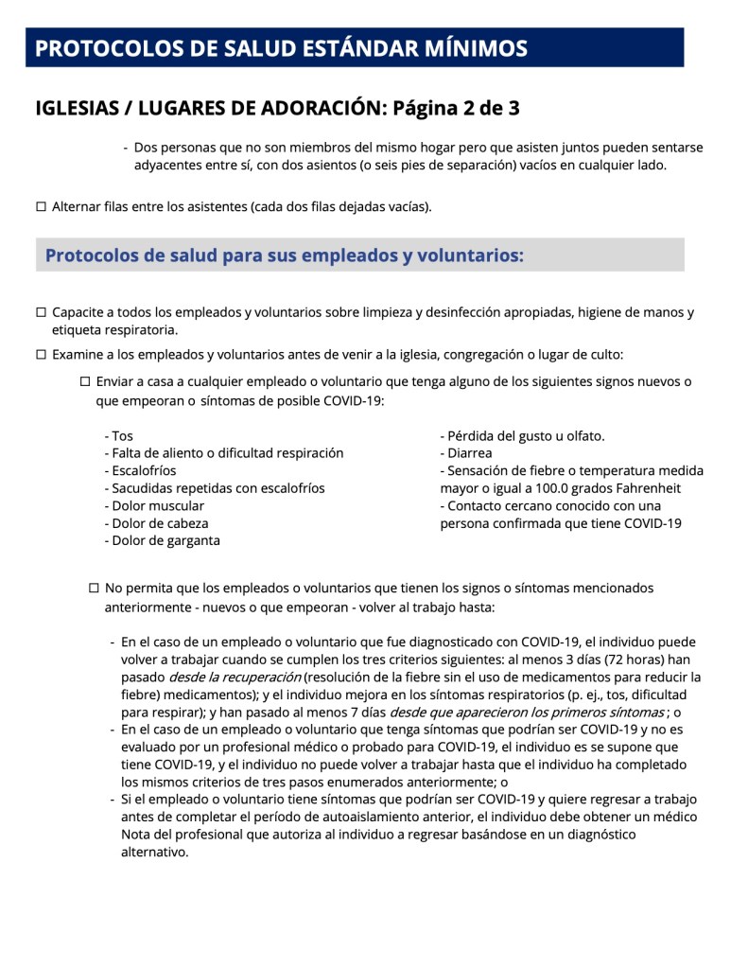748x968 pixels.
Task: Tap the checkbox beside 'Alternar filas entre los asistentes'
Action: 41,206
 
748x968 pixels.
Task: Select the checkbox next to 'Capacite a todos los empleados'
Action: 41,312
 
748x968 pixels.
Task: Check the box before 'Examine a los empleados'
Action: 41,355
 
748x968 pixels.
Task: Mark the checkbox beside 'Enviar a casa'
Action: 85,381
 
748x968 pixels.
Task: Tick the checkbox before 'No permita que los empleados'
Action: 94,588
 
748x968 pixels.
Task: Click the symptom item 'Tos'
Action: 122,436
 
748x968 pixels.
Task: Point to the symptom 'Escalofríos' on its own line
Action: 144,470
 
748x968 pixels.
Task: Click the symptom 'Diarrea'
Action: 469,453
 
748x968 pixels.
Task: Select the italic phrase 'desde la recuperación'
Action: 235,677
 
